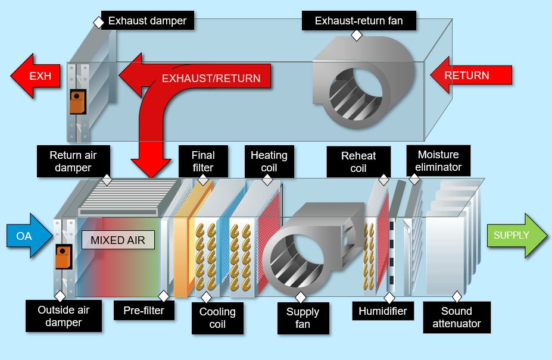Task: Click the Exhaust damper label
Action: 147,21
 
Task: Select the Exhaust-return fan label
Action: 358,21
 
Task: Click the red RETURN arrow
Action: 470,76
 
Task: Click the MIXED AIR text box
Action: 118,240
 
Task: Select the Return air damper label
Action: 73,161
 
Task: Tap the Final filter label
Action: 203,161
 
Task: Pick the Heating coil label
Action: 269,161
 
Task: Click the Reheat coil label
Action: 358,162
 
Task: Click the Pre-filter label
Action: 144,311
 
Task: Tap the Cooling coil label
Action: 217,318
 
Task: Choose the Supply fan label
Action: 302,318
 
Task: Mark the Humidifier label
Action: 382,311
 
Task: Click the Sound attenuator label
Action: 457,317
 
